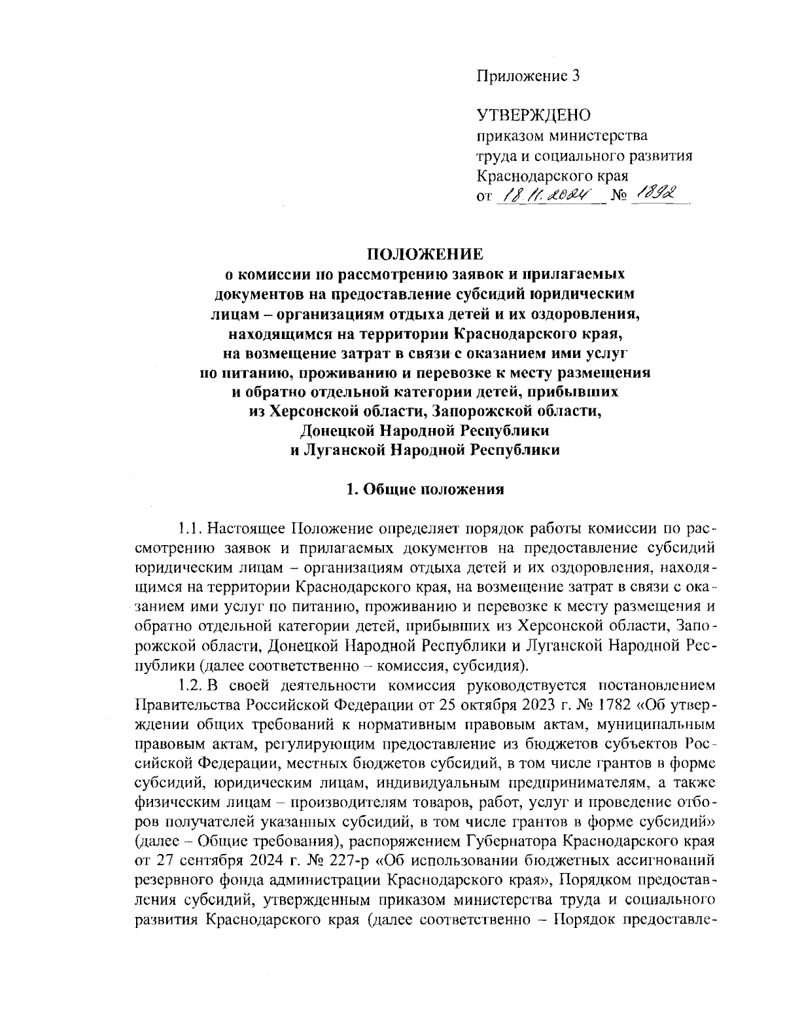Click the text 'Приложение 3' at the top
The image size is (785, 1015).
(x=527, y=76)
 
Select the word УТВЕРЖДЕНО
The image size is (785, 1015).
(x=534, y=116)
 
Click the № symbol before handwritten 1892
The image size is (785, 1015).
(x=618, y=195)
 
